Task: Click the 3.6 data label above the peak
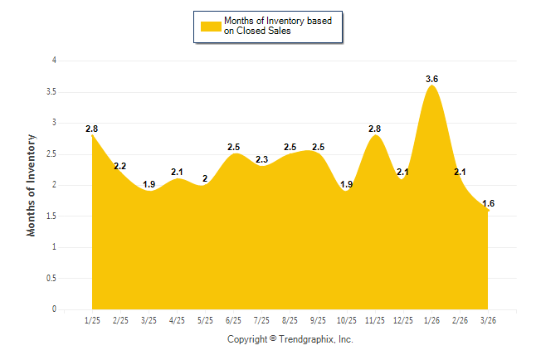(431, 79)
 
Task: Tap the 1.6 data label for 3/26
(488, 203)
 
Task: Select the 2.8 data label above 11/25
(374, 129)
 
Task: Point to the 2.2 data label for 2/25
(119, 166)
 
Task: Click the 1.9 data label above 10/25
(347, 184)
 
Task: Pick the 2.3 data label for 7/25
(261, 159)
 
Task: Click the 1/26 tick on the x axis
(431, 319)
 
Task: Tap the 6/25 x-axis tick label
(233, 319)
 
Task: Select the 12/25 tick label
(403, 319)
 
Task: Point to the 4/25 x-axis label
(177, 319)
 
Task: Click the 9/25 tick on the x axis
(318, 319)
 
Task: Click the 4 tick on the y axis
(54, 61)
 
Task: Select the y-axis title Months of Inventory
(32, 184)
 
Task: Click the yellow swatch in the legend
(211, 26)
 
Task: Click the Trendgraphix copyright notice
(290, 339)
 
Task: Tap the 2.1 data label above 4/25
(177, 172)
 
